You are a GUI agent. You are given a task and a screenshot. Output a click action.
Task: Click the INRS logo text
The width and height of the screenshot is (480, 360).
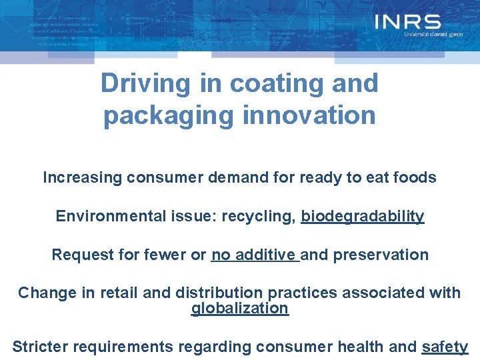[407, 23]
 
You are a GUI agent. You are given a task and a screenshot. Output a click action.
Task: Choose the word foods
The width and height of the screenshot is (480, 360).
[414, 178]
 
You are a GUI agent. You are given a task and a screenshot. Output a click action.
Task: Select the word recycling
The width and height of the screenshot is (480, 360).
[261, 217]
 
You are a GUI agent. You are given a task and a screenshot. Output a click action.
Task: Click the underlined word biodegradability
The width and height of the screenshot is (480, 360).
[362, 217]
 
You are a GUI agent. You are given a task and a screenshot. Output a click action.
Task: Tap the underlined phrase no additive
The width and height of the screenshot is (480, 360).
[254, 255]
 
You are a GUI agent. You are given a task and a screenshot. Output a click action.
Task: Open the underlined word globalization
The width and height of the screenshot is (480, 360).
[240, 308]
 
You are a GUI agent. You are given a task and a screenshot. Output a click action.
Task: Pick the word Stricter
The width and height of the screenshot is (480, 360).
[40, 347]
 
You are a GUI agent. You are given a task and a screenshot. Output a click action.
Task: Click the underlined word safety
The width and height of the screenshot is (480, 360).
[445, 347]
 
